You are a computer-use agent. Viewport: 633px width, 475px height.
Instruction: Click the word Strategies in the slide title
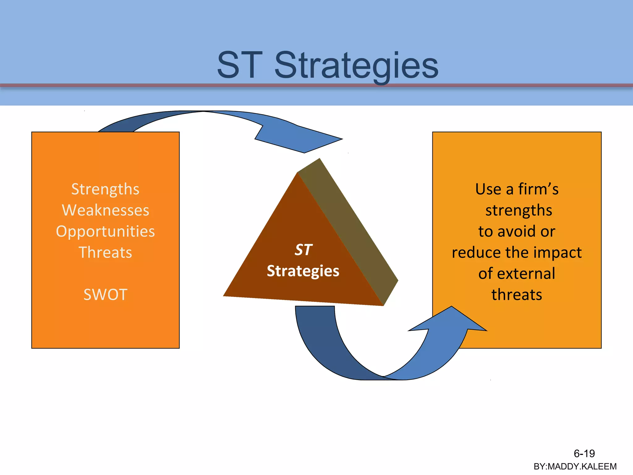coord(356,66)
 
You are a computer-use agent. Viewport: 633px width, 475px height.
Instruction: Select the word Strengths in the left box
coord(105,189)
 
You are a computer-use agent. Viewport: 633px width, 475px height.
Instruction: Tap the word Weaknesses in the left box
coord(105,210)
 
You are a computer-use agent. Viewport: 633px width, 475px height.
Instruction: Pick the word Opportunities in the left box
coord(105,231)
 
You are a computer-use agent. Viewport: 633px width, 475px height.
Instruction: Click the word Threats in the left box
coord(105,252)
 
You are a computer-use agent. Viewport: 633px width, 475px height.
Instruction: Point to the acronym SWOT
coord(105,294)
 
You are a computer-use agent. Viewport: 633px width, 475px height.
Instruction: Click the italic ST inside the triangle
coord(303,250)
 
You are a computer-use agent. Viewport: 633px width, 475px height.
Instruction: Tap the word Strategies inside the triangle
coord(303,271)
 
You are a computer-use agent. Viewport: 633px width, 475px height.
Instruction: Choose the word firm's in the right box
coord(538,189)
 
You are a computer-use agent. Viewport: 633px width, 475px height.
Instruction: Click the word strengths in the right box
coord(519,210)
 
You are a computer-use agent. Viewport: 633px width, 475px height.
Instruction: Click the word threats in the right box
coord(517,294)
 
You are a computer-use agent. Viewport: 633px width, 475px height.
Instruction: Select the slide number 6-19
coord(584,453)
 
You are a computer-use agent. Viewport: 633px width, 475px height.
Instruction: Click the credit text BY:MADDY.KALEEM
coord(575,466)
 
